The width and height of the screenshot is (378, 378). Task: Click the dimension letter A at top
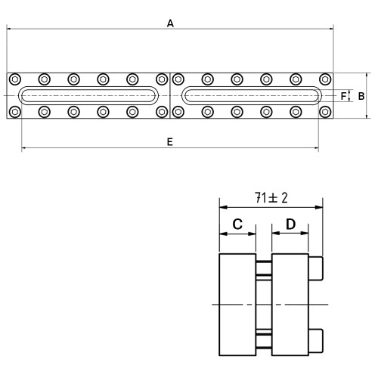click(x=170, y=23)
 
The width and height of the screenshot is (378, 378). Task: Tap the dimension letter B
click(x=361, y=96)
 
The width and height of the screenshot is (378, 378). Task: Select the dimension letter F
click(x=343, y=96)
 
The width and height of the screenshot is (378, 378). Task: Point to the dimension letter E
click(x=170, y=142)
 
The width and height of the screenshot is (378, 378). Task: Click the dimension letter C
click(x=237, y=224)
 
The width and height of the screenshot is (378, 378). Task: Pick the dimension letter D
click(x=290, y=224)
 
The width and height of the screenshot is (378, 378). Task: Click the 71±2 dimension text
click(x=271, y=198)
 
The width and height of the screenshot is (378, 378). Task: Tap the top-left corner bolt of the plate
click(x=15, y=79)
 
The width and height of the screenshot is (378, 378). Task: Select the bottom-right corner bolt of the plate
click(x=325, y=112)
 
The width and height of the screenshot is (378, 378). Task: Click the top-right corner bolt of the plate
click(x=325, y=79)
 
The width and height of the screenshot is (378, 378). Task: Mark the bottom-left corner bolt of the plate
click(x=15, y=112)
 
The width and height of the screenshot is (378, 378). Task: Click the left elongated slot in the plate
click(x=88, y=87)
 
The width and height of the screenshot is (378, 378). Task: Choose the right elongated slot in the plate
click(x=252, y=87)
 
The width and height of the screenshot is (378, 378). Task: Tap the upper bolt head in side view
click(x=316, y=268)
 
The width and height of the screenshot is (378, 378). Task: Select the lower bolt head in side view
click(x=316, y=341)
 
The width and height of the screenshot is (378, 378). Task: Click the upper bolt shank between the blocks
click(x=264, y=268)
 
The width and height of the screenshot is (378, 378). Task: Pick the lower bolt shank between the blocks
click(x=264, y=341)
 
